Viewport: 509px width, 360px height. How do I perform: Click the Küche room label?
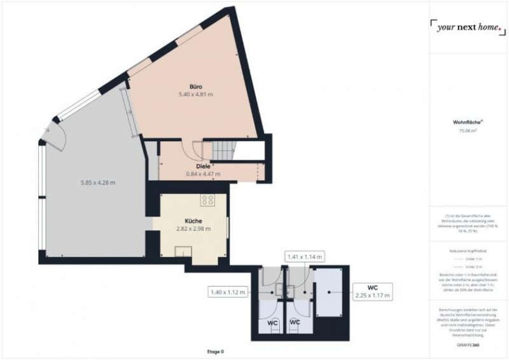click(193, 221)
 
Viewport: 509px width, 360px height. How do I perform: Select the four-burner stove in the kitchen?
click(207, 201)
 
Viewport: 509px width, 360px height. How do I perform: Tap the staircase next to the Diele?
click(223, 150)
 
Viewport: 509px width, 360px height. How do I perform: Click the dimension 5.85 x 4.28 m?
click(98, 183)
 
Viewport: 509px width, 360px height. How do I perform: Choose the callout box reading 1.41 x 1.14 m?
click(305, 257)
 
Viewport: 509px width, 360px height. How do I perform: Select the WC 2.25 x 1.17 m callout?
click(372, 291)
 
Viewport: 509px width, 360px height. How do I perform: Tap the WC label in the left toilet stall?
click(272, 323)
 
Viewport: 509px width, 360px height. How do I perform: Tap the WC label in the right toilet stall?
click(295, 323)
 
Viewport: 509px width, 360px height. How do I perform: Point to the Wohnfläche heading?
click(467, 122)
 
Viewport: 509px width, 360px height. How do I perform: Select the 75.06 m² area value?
click(468, 131)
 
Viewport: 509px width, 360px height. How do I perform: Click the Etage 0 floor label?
click(216, 352)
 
